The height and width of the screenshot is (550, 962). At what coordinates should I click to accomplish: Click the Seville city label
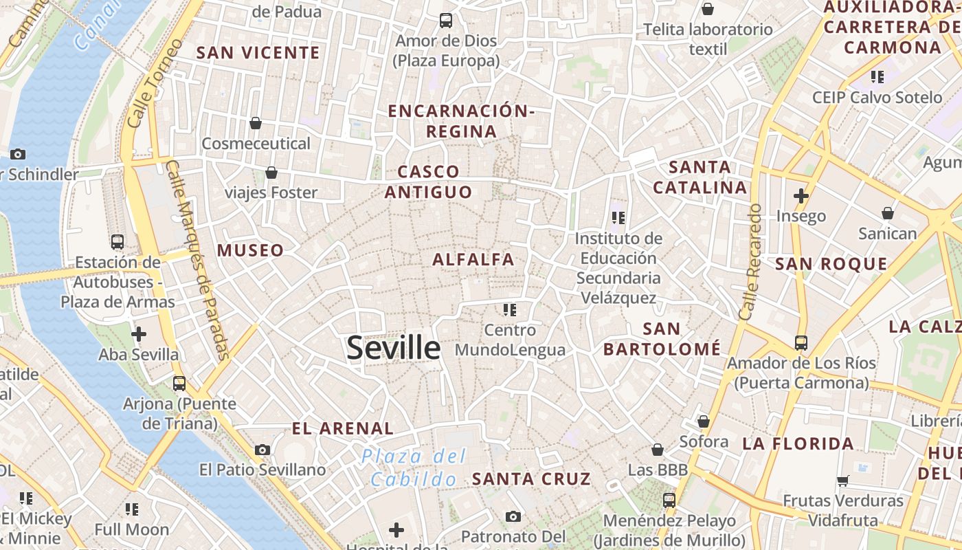pyautogui.click(x=393, y=348)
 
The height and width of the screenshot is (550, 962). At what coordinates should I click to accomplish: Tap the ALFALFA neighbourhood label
pyautogui.click(x=473, y=259)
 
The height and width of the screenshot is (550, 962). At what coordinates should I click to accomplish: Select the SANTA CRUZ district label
pyautogui.click(x=531, y=479)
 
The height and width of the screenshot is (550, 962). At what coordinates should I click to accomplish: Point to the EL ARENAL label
pyautogui.click(x=343, y=428)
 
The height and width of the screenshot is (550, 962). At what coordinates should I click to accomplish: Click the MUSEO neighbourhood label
pyautogui.click(x=251, y=250)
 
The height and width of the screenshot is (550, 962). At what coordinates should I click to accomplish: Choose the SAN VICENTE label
pyautogui.click(x=258, y=53)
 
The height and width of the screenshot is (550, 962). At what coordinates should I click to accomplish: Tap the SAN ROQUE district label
pyautogui.click(x=831, y=264)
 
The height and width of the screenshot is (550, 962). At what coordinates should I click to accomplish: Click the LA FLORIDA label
pyautogui.click(x=798, y=443)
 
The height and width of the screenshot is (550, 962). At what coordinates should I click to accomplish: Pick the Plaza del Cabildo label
pyautogui.click(x=414, y=467)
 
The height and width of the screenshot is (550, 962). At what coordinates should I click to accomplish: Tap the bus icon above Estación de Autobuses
pyautogui.click(x=118, y=242)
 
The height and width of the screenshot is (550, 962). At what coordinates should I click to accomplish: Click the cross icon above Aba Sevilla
pyautogui.click(x=139, y=335)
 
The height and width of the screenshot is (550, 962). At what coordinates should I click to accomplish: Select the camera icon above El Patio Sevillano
pyautogui.click(x=262, y=450)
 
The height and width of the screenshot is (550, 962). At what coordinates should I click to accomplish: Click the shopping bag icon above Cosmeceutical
pyautogui.click(x=256, y=123)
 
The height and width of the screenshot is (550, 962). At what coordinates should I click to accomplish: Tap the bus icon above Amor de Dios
pyautogui.click(x=446, y=21)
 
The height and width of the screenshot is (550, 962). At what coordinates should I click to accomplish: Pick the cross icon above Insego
pyautogui.click(x=801, y=196)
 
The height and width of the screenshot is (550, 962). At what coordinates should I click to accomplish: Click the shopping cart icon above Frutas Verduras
pyautogui.click(x=843, y=481)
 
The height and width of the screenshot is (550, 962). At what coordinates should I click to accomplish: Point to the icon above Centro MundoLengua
pyautogui.click(x=509, y=310)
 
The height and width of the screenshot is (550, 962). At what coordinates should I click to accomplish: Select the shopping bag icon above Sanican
pyautogui.click(x=888, y=213)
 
